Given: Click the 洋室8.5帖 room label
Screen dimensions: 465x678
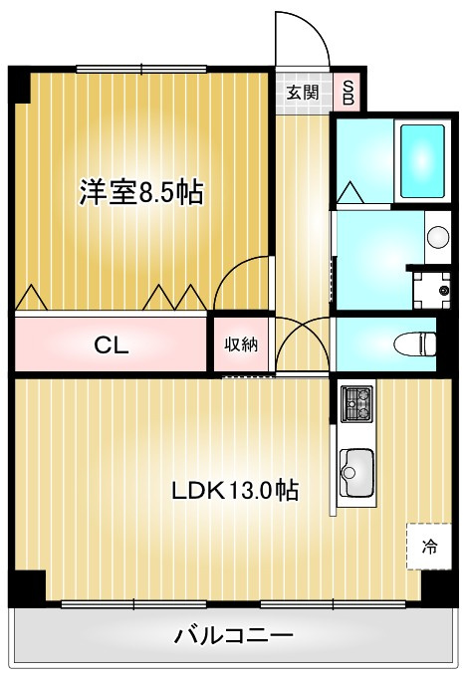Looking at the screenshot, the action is (141, 193).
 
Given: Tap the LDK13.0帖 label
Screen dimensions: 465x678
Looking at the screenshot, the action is (235, 491).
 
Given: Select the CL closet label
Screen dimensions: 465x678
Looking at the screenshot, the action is (112, 345).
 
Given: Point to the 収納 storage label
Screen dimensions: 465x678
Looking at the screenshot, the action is (241, 344).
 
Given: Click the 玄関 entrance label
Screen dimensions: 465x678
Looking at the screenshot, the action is (304, 93).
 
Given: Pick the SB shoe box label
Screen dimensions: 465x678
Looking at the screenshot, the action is (349, 93).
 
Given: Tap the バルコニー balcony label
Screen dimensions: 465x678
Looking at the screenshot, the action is (234, 635).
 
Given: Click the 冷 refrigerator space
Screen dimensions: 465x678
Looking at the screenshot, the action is (429, 547).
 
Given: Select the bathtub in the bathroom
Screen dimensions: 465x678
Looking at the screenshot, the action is (422, 161).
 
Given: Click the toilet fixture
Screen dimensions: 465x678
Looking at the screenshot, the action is (415, 344).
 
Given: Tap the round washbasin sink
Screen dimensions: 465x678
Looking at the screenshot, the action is (438, 237).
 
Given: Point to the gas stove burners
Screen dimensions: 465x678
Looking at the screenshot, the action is (356, 404).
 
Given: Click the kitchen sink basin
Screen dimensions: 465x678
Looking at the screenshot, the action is (356, 473).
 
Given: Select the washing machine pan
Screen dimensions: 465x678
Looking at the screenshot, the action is (432, 290).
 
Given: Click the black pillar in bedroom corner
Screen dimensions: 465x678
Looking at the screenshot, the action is (20, 86).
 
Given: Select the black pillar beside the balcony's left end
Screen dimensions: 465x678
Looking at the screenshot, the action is (27, 588).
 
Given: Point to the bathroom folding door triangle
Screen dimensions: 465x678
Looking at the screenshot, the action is (349, 193).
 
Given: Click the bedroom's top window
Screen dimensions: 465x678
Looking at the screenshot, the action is (141, 69).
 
